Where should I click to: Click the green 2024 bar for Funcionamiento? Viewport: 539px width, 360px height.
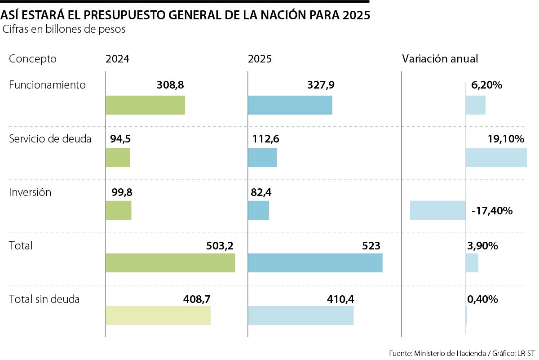[145, 105]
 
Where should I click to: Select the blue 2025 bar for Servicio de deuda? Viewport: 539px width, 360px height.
[262, 158]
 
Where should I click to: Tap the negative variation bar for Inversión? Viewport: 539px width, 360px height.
[437, 210]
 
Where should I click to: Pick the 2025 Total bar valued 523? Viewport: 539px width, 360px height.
[315, 263]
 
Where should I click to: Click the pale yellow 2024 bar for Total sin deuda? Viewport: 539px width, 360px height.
[158, 316]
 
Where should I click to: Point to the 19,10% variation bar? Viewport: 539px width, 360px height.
[496, 158]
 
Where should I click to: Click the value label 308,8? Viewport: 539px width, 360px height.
[171, 85]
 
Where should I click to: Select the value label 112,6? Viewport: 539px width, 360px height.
[265, 139]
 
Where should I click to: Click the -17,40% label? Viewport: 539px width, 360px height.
[492, 210]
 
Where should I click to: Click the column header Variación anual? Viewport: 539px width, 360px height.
[440, 59]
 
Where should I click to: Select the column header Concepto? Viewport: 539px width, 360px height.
[33, 59]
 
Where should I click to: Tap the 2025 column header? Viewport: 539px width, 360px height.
[260, 59]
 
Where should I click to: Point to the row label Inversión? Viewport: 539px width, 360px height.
[30, 192]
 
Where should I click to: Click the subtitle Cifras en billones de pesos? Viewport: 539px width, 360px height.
[64, 30]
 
